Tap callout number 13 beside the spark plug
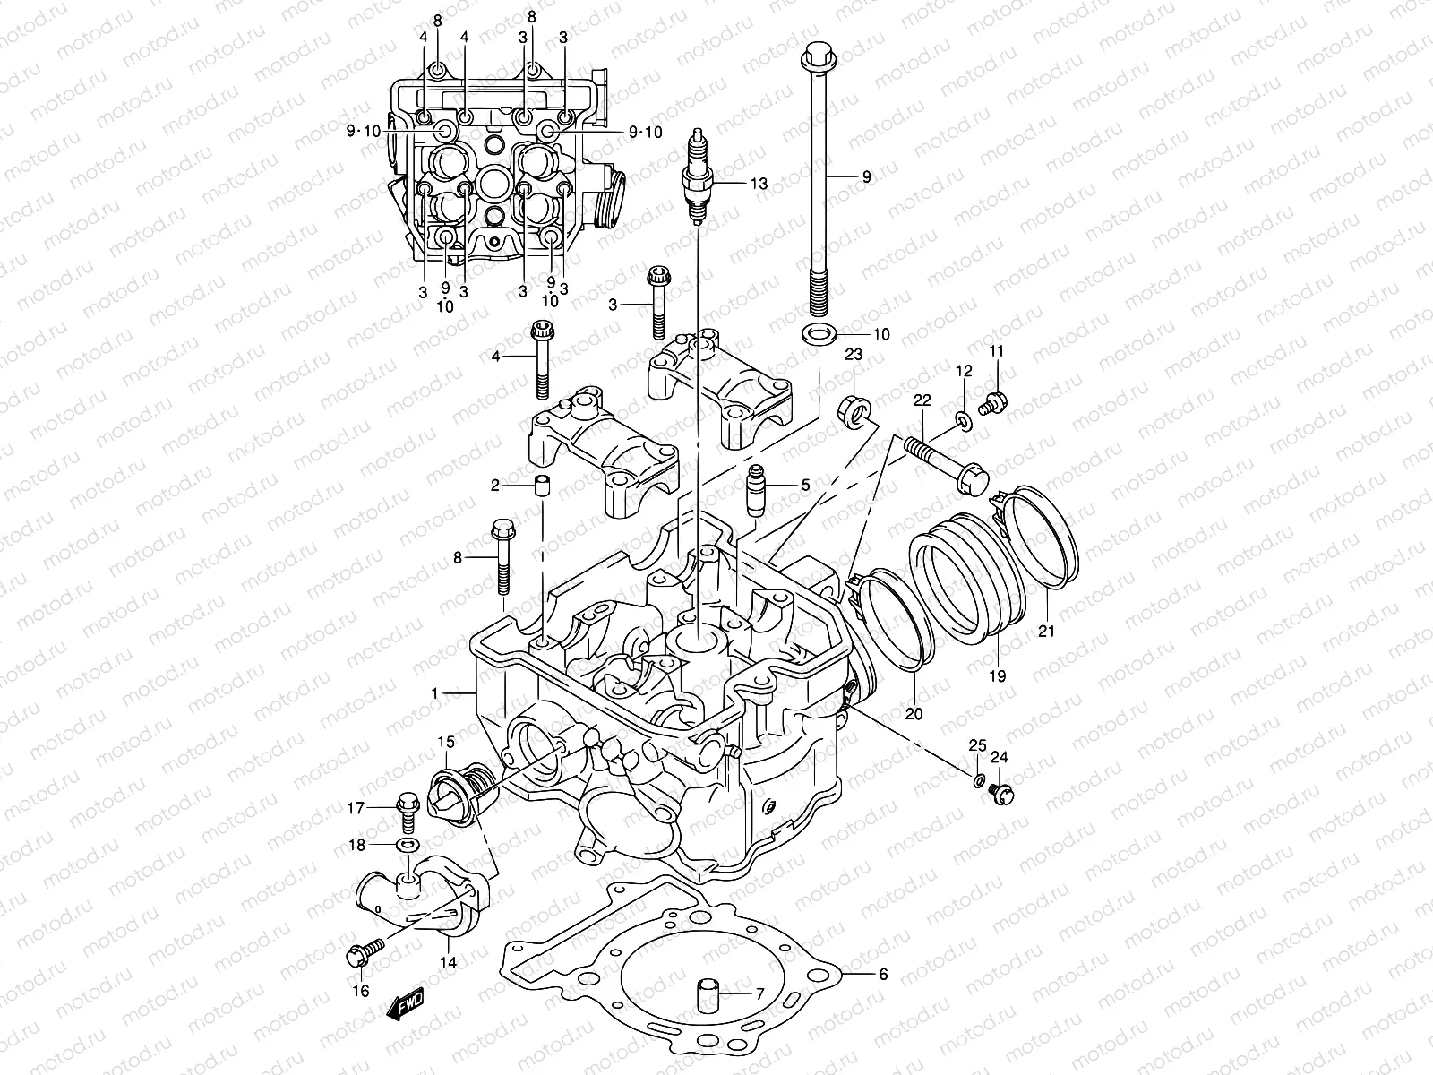click(x=759, y=184)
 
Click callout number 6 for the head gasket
click(x=883, y=975)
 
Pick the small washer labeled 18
click(x=408, y=845)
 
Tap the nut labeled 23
click(x=854, y=408)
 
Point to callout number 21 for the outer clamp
click(x=1046, y=631)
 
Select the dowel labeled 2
click(x=540, y=488)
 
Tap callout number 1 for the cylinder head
click(x=434, y=692)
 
